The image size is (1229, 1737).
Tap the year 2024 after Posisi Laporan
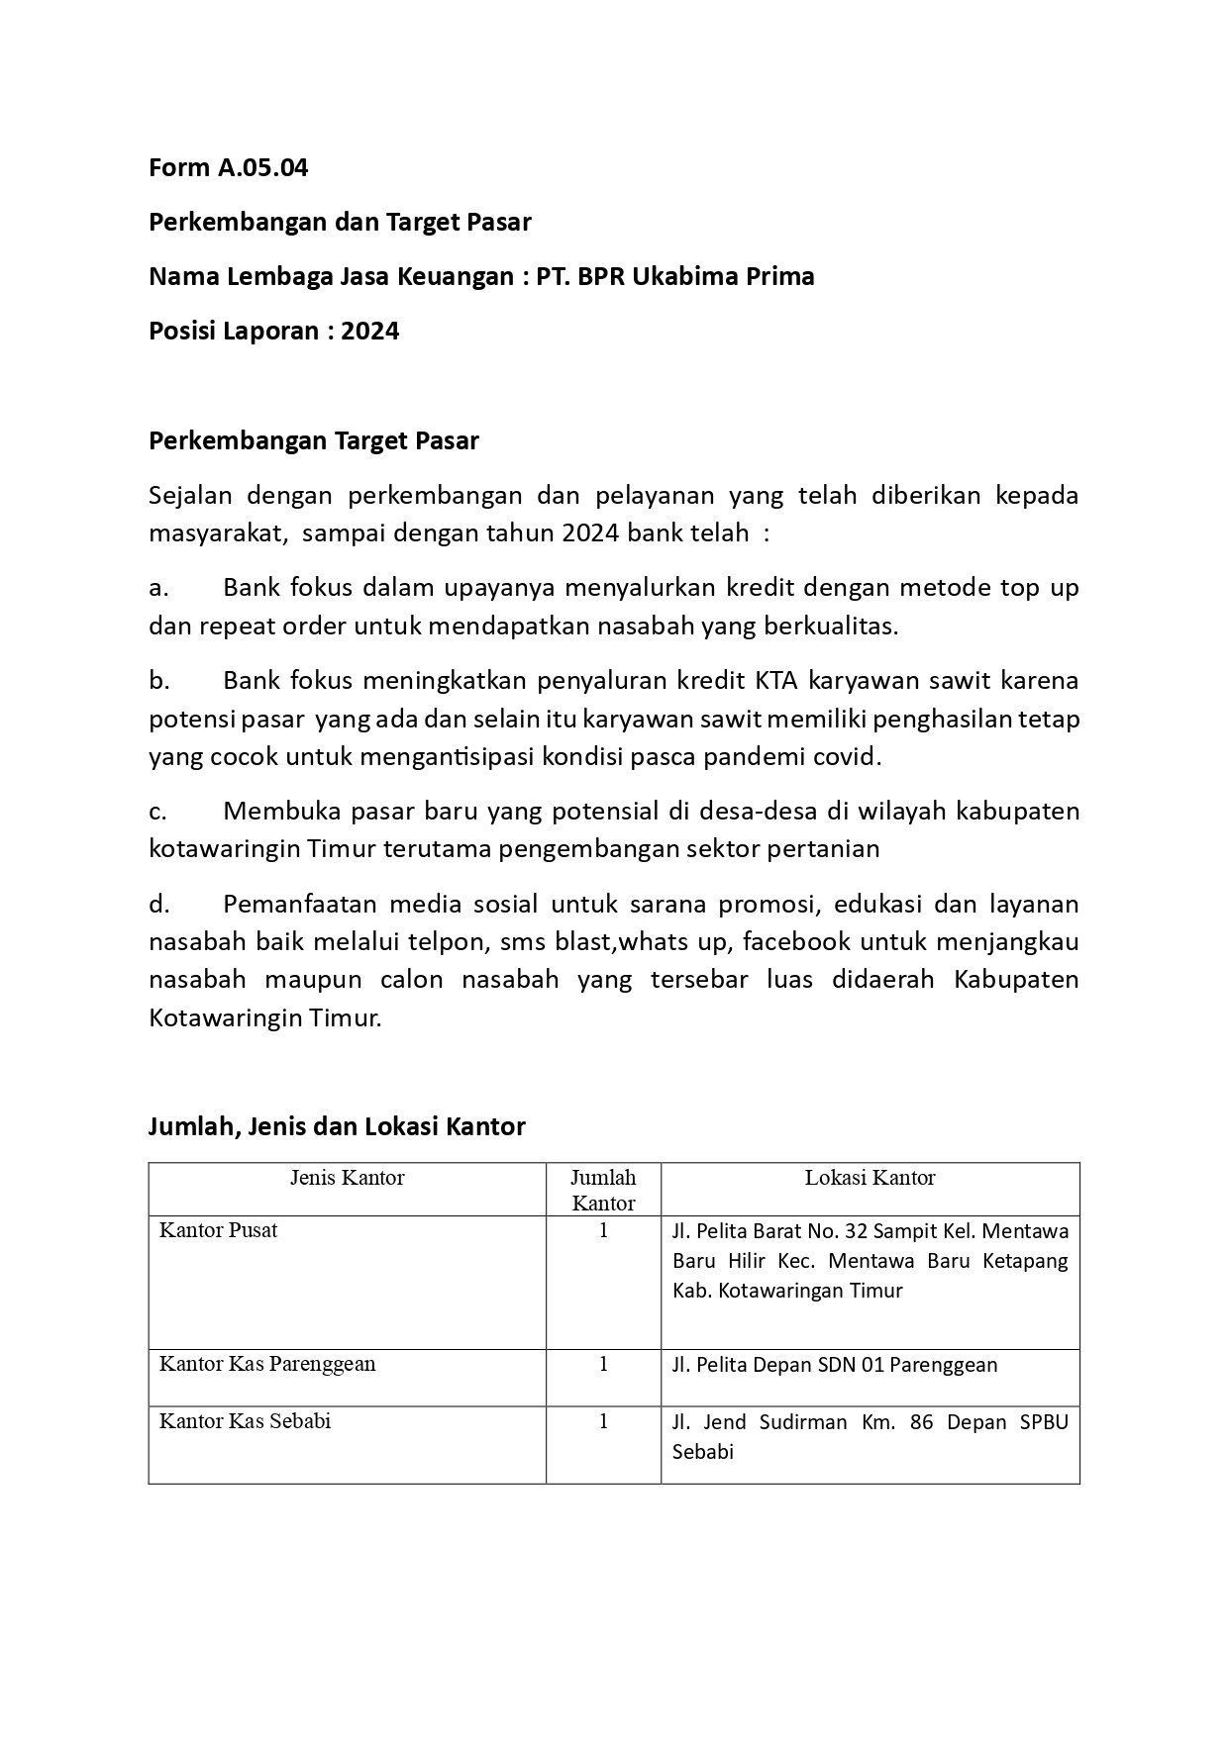(370, 332)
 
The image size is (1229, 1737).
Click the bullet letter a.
(157, 589)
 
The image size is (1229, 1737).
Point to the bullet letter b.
(158, 682)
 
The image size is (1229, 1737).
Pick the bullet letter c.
(157, 813)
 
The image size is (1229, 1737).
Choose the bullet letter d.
(158, 905)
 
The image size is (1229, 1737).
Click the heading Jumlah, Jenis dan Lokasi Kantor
(337, 1126)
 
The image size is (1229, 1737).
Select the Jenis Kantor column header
(347, 1178)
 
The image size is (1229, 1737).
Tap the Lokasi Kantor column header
(870, 1178)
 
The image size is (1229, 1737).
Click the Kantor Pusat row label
(219, 1230)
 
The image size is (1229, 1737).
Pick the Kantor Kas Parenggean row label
(267, 1364)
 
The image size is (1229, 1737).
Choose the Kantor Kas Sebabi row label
(245, 1421)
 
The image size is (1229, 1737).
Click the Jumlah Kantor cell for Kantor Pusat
(603, 1230)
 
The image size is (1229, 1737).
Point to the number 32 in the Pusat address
(883, 1232)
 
